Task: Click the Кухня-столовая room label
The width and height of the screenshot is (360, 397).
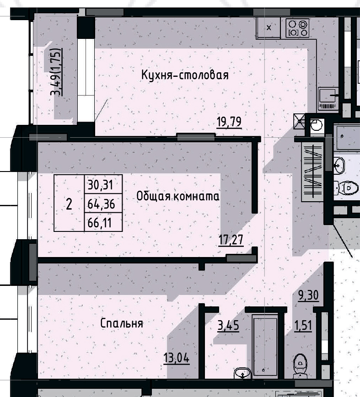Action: (x=184, y=75)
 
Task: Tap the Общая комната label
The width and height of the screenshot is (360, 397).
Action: (x=178, y=197)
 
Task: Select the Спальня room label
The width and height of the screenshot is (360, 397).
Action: (x=122, y=323)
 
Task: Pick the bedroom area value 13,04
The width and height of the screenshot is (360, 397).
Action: (x=176, y=357)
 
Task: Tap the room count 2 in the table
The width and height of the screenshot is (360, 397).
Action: (x=69, y=204)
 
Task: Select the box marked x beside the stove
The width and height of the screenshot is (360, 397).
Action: (x=269, y=28)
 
